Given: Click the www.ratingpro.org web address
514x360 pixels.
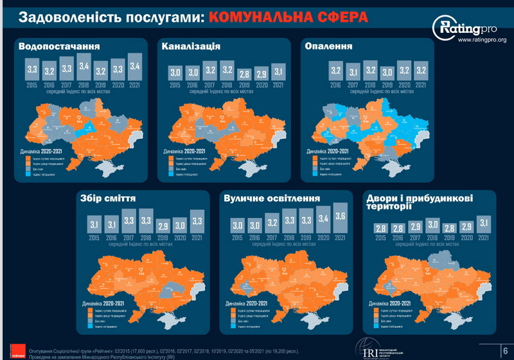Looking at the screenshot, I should pos(483,40).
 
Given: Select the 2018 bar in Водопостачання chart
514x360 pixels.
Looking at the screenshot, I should pos(83,66).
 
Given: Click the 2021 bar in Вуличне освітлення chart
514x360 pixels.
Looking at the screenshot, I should pos(339,219).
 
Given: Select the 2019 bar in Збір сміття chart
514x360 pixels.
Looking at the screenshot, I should pos(163,227).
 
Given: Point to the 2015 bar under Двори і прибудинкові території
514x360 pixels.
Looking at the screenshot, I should pos(380,229).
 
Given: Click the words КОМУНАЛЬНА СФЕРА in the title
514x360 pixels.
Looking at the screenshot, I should pos(288,16).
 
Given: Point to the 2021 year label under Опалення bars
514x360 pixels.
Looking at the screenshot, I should pos(420,84).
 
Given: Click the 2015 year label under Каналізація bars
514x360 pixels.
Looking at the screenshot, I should pos(175,84).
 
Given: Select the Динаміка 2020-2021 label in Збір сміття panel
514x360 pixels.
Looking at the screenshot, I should pos(105,302).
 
